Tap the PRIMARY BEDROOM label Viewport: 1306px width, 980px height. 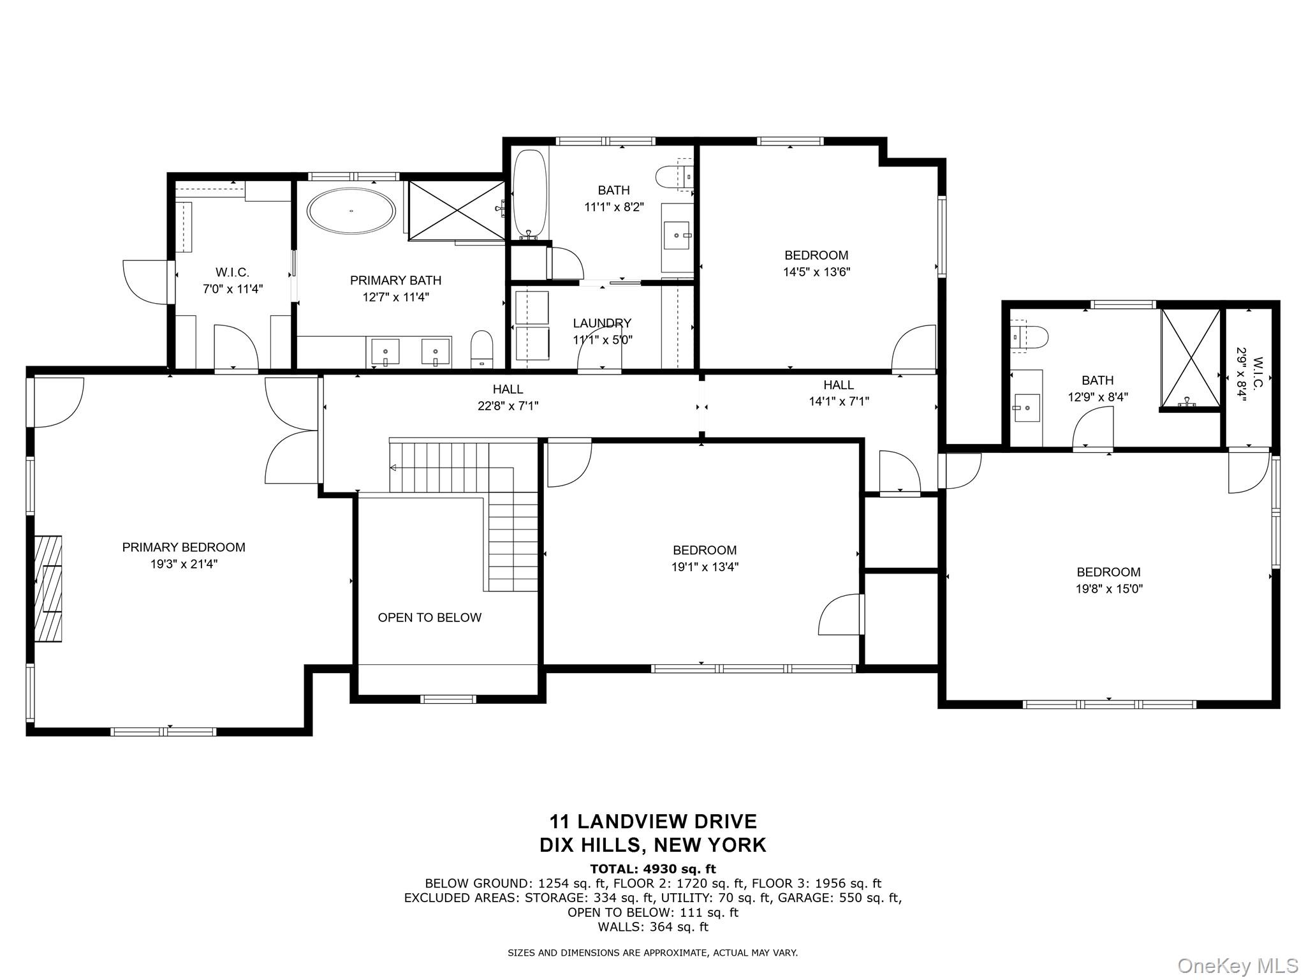pos(184,547)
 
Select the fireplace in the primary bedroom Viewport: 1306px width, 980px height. pos(48,588)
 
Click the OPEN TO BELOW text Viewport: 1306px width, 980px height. pos(429,618)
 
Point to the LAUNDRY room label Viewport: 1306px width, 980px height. pos(602,323)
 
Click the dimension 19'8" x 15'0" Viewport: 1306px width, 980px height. pos(1109,589)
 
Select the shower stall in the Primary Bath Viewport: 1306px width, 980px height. pos(456,211)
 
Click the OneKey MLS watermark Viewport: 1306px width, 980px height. pos(1237,965)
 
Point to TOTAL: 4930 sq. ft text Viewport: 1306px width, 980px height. pos(652,869)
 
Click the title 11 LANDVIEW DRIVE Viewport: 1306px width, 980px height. pos(653,821)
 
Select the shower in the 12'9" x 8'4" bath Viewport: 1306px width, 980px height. pos(1190,358)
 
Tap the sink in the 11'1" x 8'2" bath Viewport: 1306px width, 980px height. pos(677,235)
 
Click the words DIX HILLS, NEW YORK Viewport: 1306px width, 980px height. pos(653,845)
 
